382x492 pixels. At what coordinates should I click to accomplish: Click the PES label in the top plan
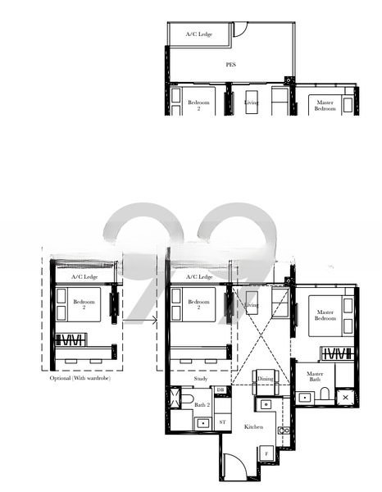click(230, 63)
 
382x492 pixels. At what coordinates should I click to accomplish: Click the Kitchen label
click(254, 428)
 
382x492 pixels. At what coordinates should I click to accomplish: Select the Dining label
click(265, 378)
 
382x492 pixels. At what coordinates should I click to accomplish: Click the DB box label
click(221, 390)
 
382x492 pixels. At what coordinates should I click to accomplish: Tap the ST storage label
click(222, 421)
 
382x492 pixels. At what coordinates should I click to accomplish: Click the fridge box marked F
click(266, 453)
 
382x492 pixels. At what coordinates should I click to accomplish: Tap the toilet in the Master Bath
click(325, 396)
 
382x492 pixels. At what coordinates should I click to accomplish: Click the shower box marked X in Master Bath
click(344, 397)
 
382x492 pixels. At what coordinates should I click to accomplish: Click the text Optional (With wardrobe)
click(80, 378)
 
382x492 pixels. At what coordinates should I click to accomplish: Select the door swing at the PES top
click(240, 30)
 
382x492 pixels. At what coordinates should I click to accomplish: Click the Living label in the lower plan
click(252, 305)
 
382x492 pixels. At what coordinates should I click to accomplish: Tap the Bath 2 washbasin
click(202, 421)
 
